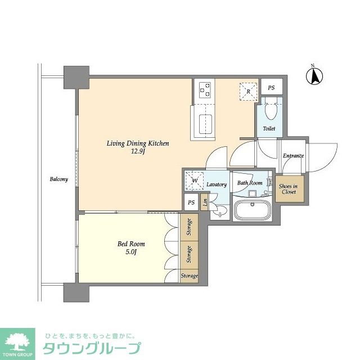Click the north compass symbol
(x=314, y=76)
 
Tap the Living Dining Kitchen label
(x=138, y=143)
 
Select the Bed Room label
(x=131, y=244)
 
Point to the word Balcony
(x=58, y=179)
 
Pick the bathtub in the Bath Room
(x=253, y=210)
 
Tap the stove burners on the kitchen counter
(x=205, y=90)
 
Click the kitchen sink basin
(x=205, y=124)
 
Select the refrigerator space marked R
(x=249, y=92)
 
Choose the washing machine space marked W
(x=195, y=181)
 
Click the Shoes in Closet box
(x=290, y=189)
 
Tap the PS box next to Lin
(x=191, y=202)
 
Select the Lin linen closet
(x=204, y=202)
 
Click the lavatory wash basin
(x=220, y=211)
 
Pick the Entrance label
(x=293, y=156)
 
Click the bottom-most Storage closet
(x=189, y=276)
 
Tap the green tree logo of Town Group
(x=17, y=341)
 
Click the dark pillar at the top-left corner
(x=76, y=78)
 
